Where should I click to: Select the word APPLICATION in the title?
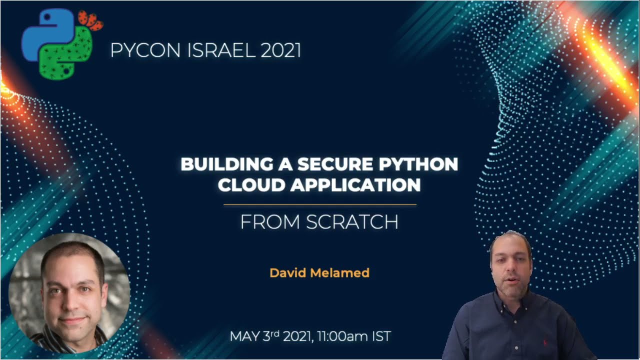[355, 185]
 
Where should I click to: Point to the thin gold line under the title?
[319, 204]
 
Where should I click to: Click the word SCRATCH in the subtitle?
[352, 222]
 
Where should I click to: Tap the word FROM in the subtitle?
[270, 222]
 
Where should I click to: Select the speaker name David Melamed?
[319, 272]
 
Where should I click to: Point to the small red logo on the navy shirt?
[544, 343]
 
